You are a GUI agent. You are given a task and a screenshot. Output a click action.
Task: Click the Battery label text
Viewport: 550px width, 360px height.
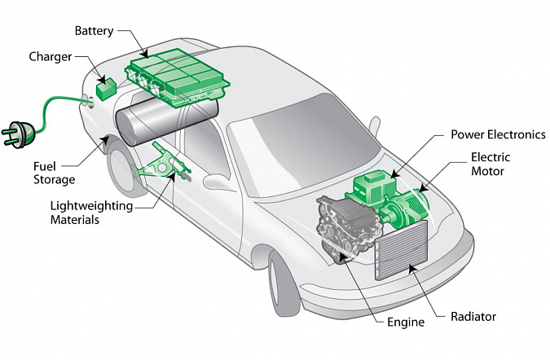[x=94, y=31]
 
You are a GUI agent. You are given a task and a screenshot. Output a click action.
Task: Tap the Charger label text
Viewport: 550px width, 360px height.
[x=50, y=57]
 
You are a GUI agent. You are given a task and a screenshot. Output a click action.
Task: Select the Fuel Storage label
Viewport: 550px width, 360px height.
[x=54, y=173]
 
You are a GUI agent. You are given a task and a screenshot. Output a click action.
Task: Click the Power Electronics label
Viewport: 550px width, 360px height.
[x=497, y=134]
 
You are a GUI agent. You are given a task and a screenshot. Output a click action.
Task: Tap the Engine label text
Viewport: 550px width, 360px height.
[x=405, y=323]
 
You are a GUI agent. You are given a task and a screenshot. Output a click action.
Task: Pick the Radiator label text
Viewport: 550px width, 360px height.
[x=473, y=316]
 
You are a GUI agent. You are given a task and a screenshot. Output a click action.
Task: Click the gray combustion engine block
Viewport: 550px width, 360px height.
[x=346, y=224]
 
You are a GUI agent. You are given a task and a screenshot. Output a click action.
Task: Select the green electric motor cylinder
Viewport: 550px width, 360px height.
[x=407, y=204]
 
